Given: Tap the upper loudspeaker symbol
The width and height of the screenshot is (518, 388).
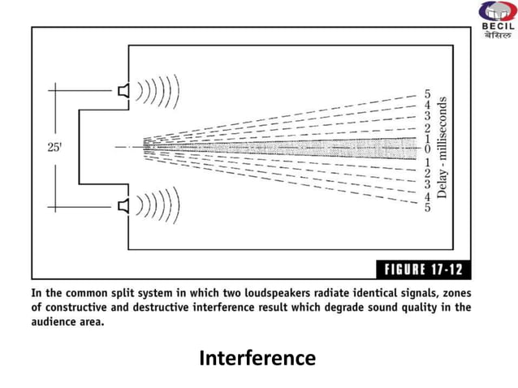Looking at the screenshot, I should (x=123, y=89).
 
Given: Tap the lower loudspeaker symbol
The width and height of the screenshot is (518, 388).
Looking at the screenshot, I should (x=123, y=206).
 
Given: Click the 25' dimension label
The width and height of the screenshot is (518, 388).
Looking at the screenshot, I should (x=54, y=148).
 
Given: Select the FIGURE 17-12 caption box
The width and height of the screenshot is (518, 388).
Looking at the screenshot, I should (x=421, y=269).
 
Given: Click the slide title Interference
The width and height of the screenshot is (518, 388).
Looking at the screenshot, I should (x=257, y=357).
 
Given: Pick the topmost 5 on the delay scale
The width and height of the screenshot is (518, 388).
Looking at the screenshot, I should (x=427, y=94).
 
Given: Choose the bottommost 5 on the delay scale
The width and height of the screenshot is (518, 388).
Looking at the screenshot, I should (x=427, y=207).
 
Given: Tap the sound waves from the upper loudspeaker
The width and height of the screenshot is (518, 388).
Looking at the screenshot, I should (x=159, y=89).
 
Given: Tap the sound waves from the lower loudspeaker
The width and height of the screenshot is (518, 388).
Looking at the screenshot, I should (x=159, y=206).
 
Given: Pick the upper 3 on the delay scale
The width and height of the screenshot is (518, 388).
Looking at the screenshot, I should (x=427, y=117).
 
